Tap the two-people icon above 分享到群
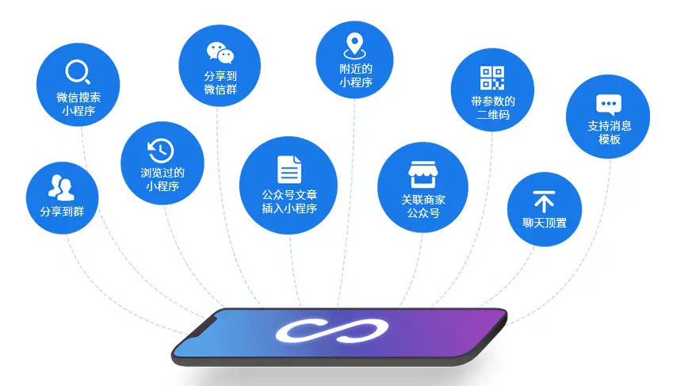click(x=62, y=186)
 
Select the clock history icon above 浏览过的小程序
click(x=161, y=150)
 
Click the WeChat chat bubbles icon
click(x=220, y=52)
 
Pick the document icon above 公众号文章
click(x=289, y=170)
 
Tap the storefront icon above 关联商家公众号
click(x=422, y=174)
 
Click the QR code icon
click(x=492, y=78)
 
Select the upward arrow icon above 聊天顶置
click(x=544, y=201)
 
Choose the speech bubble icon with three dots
click(x=608, y=104)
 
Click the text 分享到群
click(x=62, y=212)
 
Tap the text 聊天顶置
click(x=545, y=223)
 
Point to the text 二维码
click(x=493, y=115)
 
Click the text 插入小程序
click(x=289, y=208)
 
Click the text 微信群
click(x=220, y=90)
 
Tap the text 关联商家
click(x=422, y=199)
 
